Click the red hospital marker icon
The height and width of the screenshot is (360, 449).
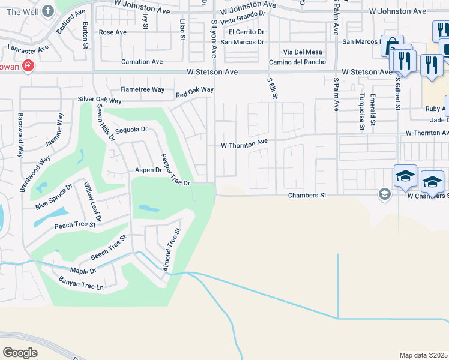[x=27, y=67]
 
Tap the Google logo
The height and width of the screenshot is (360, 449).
[x=20, y=352]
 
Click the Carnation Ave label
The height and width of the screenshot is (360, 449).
[x=142, y=62]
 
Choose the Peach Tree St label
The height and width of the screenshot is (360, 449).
[x=75, y=225]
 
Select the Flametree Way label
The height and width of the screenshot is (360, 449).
[x=142, y=89]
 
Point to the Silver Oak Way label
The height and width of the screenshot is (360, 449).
[x=100, y=100]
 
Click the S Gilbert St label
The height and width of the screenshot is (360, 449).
[x=397, y=92]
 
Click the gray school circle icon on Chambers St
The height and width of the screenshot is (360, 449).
[x=384, y=194]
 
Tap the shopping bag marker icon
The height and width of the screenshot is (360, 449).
[x=391, y=44]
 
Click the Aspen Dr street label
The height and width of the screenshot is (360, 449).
[x=149, y=170]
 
